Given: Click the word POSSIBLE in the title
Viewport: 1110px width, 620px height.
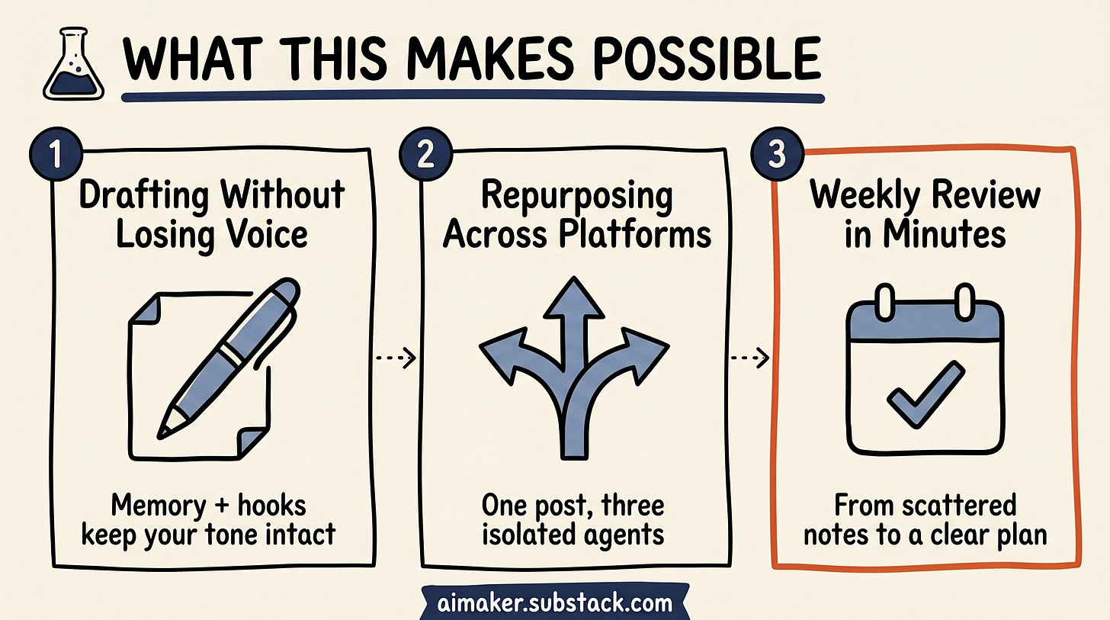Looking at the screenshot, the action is (707, 59).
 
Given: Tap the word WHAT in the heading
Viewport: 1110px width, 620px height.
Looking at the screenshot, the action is (193, 59).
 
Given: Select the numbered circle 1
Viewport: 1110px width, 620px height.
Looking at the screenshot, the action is (56, 154).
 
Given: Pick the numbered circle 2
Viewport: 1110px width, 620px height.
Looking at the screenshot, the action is (425, 154).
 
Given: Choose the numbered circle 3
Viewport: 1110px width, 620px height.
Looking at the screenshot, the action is (777, 154).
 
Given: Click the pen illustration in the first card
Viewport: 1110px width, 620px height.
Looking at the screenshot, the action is (229, 358).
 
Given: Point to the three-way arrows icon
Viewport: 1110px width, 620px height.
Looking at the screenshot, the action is (574, 368).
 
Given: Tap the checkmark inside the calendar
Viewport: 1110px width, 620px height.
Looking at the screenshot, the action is (926, 394).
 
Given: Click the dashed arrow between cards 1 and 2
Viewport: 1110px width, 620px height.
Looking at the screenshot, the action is (396, 358).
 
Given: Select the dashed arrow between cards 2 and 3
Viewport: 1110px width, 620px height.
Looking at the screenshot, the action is (750, 358).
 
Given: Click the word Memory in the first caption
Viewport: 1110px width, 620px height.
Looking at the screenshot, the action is (158, 506).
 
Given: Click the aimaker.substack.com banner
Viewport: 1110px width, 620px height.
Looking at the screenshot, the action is (554, 603).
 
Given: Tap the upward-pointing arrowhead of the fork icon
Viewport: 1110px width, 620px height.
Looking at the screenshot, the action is (574, 297).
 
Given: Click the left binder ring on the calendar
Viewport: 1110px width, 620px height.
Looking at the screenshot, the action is (884, 302).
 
